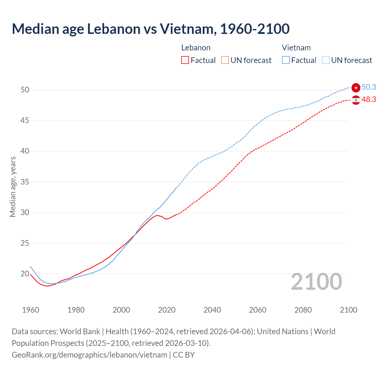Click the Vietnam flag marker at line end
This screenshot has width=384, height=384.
(x=356, y=88)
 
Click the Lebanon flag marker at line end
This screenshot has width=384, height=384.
(x=356, y=100)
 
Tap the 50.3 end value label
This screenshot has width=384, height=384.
(x=369, y=87)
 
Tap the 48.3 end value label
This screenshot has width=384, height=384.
(x=369, y=99)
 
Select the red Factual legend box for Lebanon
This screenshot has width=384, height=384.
(x=185, y=60)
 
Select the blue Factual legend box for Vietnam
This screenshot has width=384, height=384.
(x=286, y=60)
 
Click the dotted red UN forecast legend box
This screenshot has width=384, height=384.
(x=225, y=60)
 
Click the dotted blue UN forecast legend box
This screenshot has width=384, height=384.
(x=326, y=60)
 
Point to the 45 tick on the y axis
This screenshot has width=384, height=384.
(x=25, y=121)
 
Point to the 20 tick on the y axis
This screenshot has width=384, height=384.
(x=25, y=274)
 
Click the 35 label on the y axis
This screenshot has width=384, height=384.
(x=25, y=182)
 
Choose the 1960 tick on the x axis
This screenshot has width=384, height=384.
(x=31, y=310)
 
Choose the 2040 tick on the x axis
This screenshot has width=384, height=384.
(x=212, y=310)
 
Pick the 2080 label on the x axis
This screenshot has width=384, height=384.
(x=303, y=310)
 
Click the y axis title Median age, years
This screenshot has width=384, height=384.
(x=13, y=187)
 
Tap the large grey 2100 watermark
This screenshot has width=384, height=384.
(x=316, y=282)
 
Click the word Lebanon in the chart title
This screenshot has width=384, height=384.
(x=114, y=29)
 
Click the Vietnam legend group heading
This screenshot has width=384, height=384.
(x=296, y=48)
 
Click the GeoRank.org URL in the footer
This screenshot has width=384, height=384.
(x=89, y=355)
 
